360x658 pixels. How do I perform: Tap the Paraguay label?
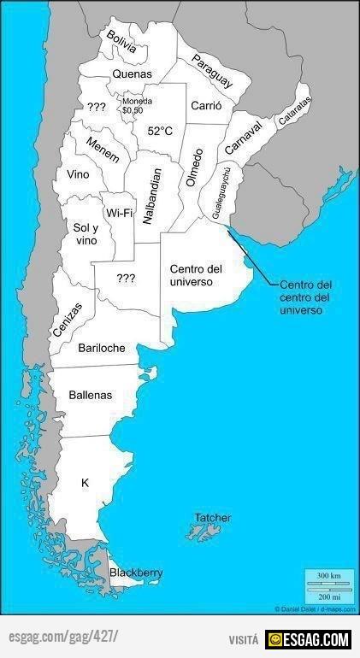click(x=212, y=71)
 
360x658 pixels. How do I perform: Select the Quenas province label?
click(x=133, y=74)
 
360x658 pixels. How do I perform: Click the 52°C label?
click(x=160, y=131)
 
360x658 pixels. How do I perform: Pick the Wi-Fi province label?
click(x=119, y=213)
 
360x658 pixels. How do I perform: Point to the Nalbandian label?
click(x=150, y=196)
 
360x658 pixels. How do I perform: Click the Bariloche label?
click(x=102, y=348)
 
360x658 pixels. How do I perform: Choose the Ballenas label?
click(x=91, y=395)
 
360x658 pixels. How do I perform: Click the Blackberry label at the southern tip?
click(x=136, y=573)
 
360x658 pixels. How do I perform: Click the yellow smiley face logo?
click(x=274, y=638)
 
